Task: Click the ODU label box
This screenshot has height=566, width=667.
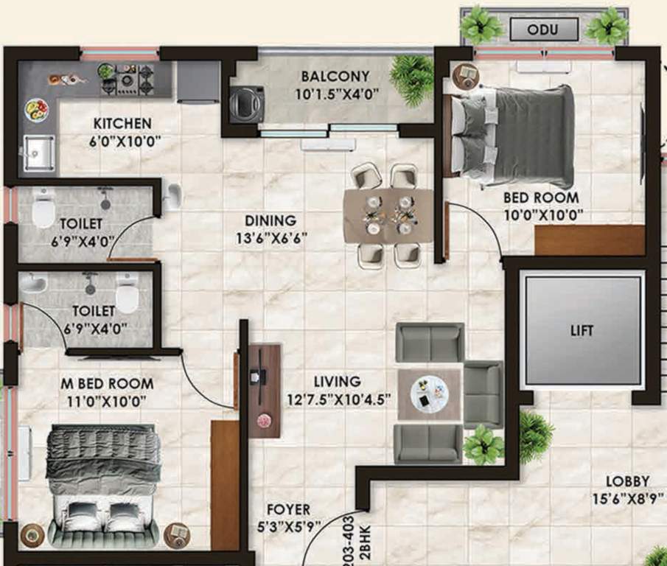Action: tap(544, 30)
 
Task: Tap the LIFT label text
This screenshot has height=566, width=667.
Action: tap(582, 330)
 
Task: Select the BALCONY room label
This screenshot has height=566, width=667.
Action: tap(335, 76)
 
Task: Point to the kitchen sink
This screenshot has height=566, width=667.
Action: tap(37, 153)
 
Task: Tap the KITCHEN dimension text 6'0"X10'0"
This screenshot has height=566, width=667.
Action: tap(122, 140)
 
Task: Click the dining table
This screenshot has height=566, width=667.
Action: tap(388, 215)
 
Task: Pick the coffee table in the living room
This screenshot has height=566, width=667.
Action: tap(429, 394)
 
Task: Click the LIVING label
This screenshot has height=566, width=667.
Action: tap(337, 382)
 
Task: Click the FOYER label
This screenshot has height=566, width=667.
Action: tap(288, 510)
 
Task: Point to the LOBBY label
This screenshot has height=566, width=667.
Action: tap(629, 481)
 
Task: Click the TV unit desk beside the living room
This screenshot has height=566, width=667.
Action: tap(264, 391)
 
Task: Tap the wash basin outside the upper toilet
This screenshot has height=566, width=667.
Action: tap(174, 195)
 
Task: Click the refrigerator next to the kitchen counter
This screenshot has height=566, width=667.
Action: tap(198, 81)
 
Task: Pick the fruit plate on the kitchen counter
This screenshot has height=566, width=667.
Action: tap(36, 111)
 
